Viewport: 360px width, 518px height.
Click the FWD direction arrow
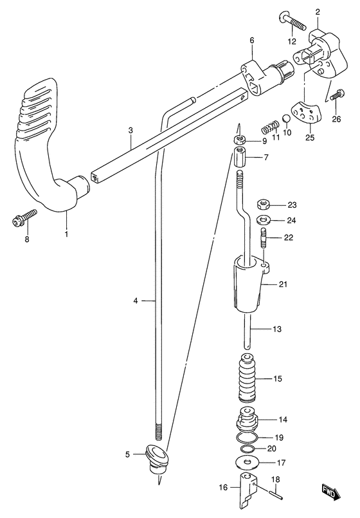pyautogui.click(x=329, y=492)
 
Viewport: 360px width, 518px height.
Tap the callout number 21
pyautogui.click(x=283, y=284)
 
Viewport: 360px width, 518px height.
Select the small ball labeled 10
pyautogui.click(x=286, y=118)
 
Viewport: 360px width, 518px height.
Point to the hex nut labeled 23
pyautogui.click(x=263, y=205)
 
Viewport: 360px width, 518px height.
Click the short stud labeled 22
pyautogui.click(x=264, y=237)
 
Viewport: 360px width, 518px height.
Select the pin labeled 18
pyautogui.click(x=275, y=495)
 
